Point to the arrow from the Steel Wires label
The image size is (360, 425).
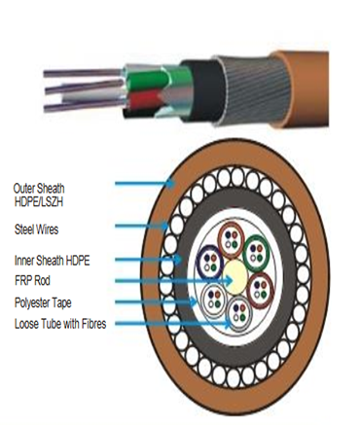click(x=146, y=229)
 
